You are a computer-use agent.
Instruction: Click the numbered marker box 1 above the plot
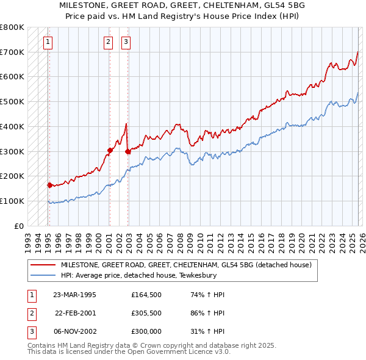48,42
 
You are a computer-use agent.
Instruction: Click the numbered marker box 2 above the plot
108,42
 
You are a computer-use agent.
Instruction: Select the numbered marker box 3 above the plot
126,42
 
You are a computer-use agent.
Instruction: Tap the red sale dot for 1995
49,184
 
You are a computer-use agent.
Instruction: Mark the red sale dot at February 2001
110,149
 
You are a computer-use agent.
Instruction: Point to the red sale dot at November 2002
127,151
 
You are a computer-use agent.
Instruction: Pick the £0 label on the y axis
19,226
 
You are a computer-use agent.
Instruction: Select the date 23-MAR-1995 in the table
74,295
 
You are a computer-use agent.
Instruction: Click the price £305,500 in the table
146,312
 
